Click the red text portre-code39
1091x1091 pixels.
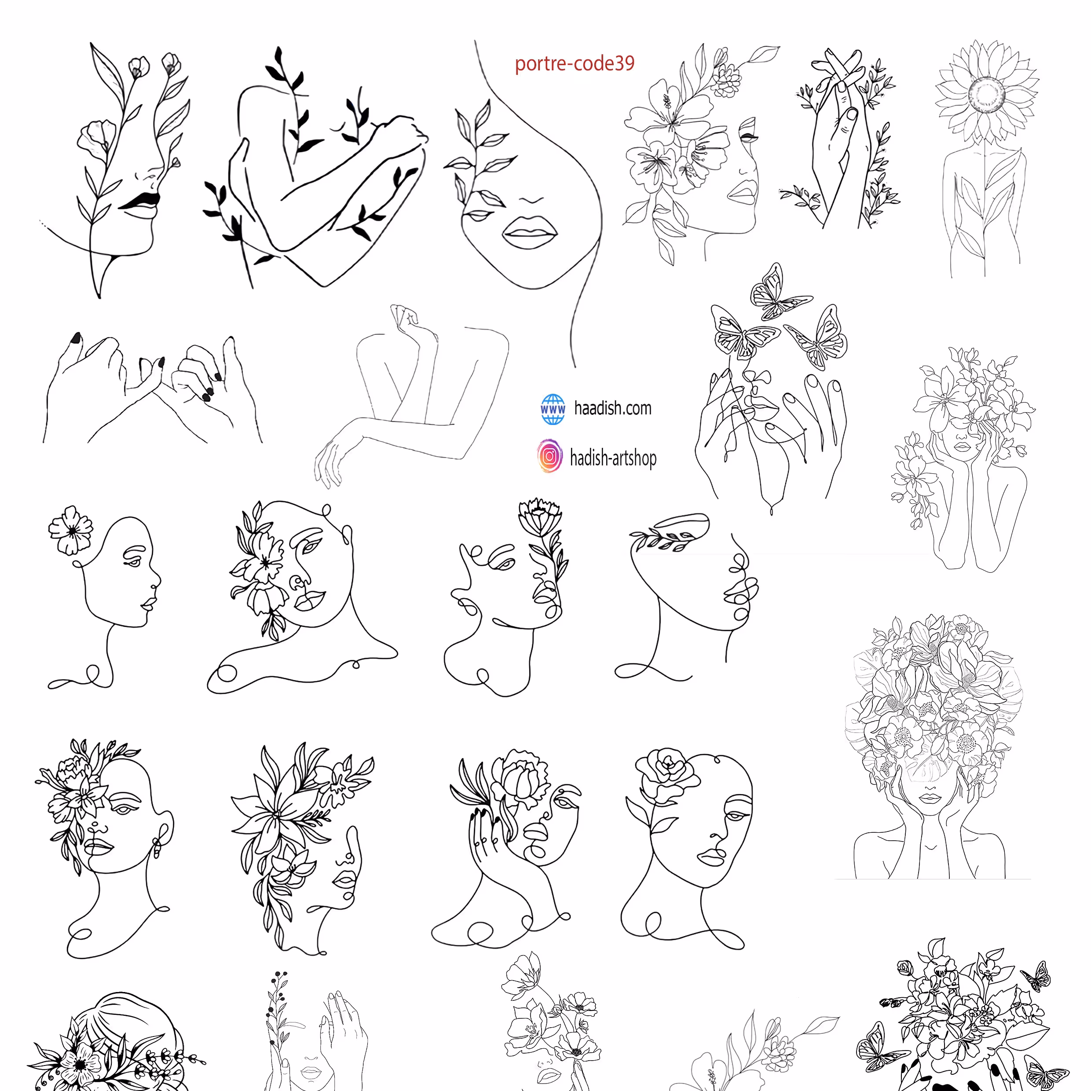coord(574,63)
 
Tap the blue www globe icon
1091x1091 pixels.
coord(552,409)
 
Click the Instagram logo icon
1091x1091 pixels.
coord(549,456)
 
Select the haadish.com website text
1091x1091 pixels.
coord(613,408)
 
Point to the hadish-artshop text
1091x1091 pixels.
coord(613,458)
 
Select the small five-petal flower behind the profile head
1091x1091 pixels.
coord(70,530)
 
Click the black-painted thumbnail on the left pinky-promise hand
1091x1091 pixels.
coord(76,338)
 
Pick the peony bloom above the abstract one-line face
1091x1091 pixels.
coord(540,516)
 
